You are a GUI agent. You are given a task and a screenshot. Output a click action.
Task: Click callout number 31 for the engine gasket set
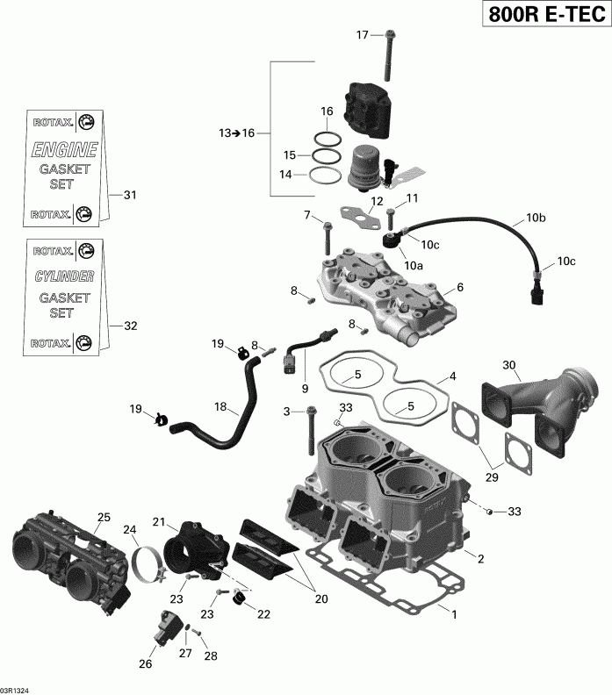tap(130, 195)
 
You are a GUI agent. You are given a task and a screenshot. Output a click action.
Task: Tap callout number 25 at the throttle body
tap(104, 518)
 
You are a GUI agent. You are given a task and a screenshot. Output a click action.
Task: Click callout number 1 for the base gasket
tap(454, 615)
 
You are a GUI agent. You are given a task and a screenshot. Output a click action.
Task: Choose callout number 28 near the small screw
tap(211, 656)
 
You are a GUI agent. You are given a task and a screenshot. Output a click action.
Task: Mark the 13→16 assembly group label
tap(236, 133)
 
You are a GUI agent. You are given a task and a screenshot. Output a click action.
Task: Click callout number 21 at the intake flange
tap(159, 522)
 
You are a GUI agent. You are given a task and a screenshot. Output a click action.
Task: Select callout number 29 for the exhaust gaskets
tap(492, 476)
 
